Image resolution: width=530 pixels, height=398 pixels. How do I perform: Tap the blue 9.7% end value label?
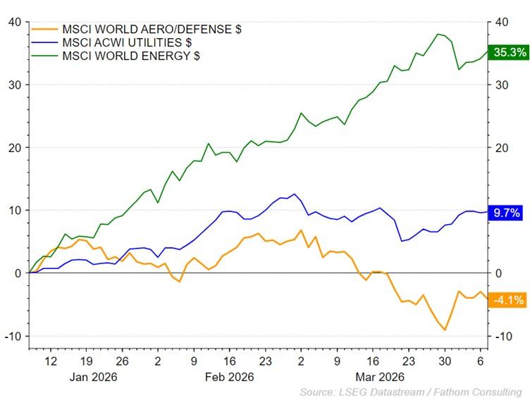click(x=507, y=212)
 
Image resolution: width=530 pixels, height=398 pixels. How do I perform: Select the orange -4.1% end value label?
click(x=507, y=299)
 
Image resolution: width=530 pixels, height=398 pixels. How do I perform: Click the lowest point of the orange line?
click(x=445, y=330)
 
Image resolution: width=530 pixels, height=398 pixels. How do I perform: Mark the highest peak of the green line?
click(x=438, y=34)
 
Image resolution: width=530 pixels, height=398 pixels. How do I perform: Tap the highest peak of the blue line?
click(x=294, y=194)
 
